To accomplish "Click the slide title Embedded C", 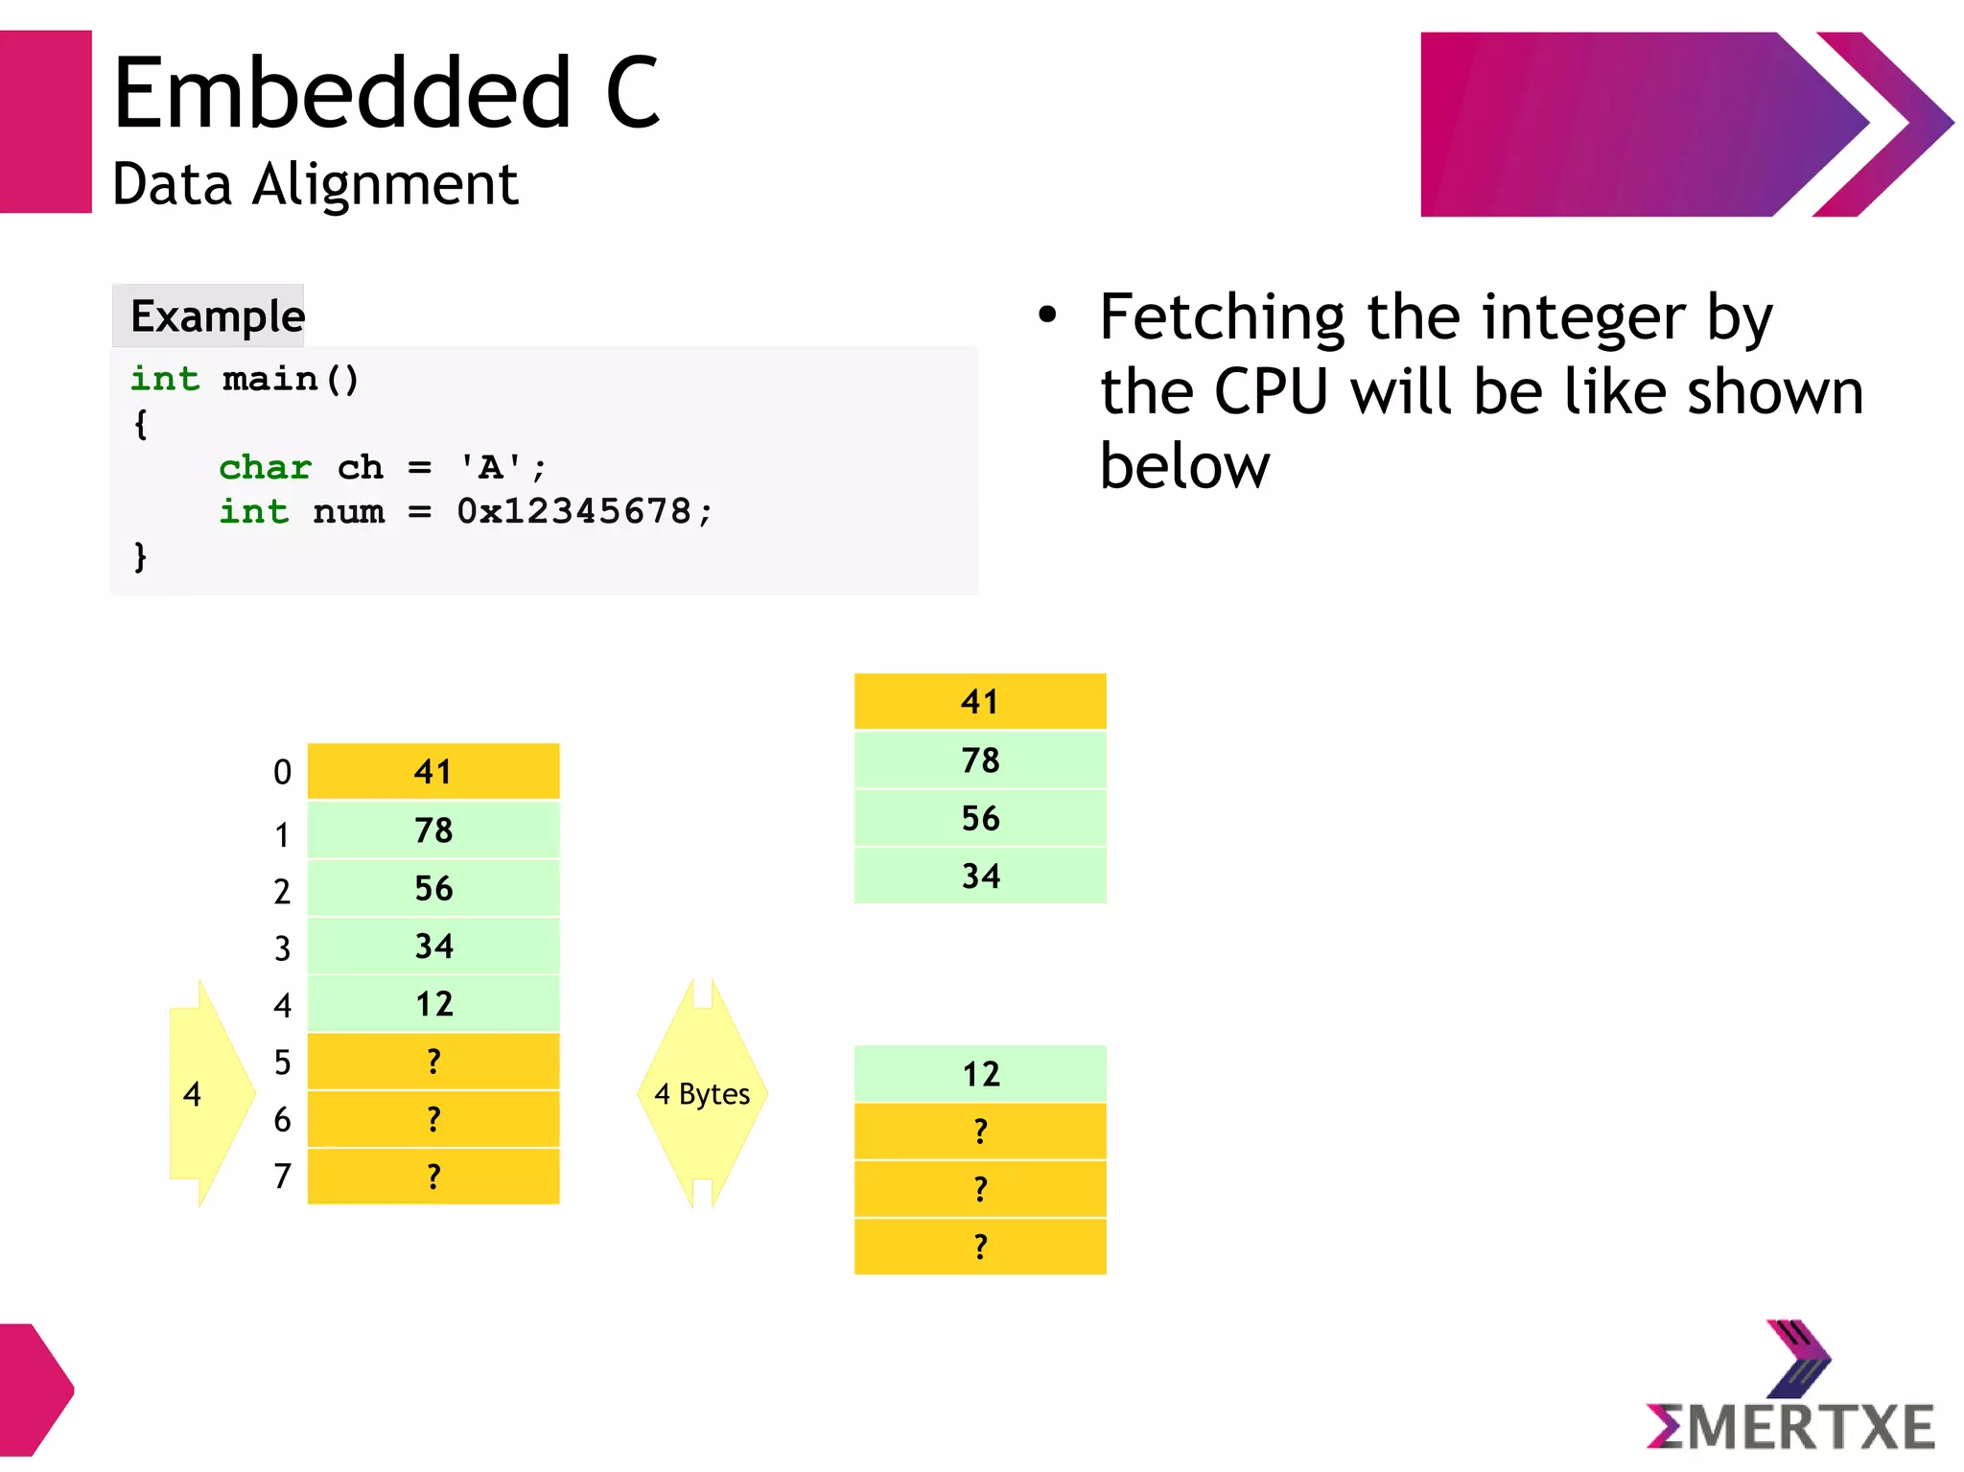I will [x=386, y=93].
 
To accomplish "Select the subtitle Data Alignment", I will [x=315, y=184].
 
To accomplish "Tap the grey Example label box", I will [x=208, y=315].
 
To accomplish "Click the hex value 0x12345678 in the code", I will [x=573, y=511].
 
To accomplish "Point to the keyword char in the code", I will [x=265, y=468].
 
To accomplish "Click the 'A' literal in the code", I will [x=490, y=468].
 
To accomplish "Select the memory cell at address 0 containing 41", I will [x=433, y=772].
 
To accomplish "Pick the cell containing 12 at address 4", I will [x=433, y=1004].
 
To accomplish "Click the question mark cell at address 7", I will [x=433, y=1177].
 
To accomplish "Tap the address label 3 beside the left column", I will [x=282, y=948].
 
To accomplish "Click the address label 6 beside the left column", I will [x=282, y=1120].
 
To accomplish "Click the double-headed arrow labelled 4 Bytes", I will [x=702, y=1093].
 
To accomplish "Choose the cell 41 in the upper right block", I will [x=980, y=702].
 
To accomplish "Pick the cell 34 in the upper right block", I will [x=980, y=876].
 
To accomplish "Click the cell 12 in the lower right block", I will [x=980, y=1074].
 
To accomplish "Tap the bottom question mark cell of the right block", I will [x=980, y=1247].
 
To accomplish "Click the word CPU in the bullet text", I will [x=1271, y=392].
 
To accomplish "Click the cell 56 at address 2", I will [x=433, y=888].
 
